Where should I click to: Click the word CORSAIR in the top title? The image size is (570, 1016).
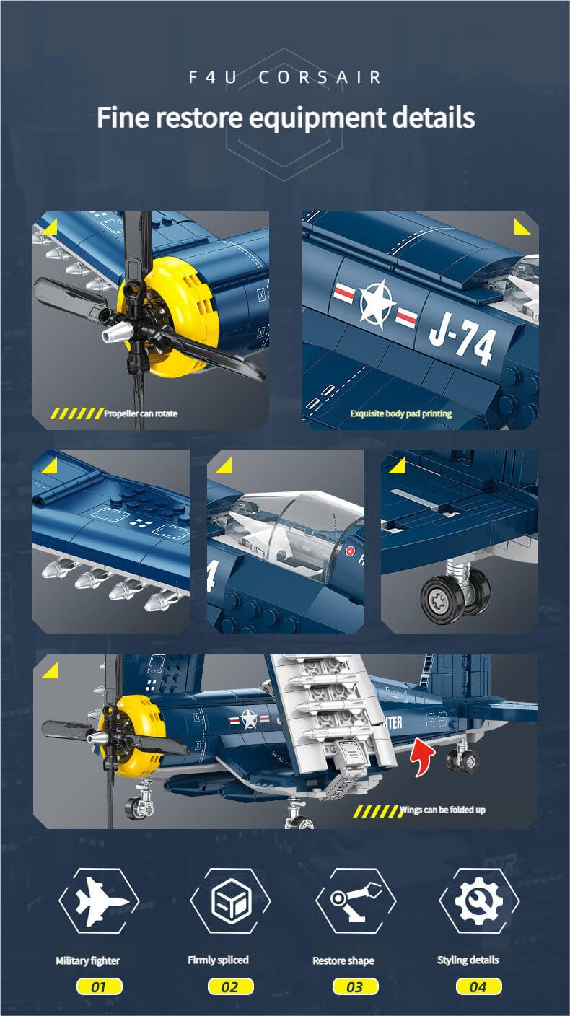[320, 77]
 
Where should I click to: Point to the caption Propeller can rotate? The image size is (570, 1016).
[141, 413]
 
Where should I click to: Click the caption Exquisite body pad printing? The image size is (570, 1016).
[401, 413]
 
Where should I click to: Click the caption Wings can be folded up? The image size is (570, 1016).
[442, 810]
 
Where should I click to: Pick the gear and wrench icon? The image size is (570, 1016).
[479, 901]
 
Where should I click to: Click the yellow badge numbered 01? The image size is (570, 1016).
[99, 987]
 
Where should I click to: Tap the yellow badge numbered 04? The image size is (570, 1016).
[478, 986]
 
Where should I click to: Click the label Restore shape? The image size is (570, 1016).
[343, 960]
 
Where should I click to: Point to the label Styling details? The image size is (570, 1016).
[468, 960]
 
